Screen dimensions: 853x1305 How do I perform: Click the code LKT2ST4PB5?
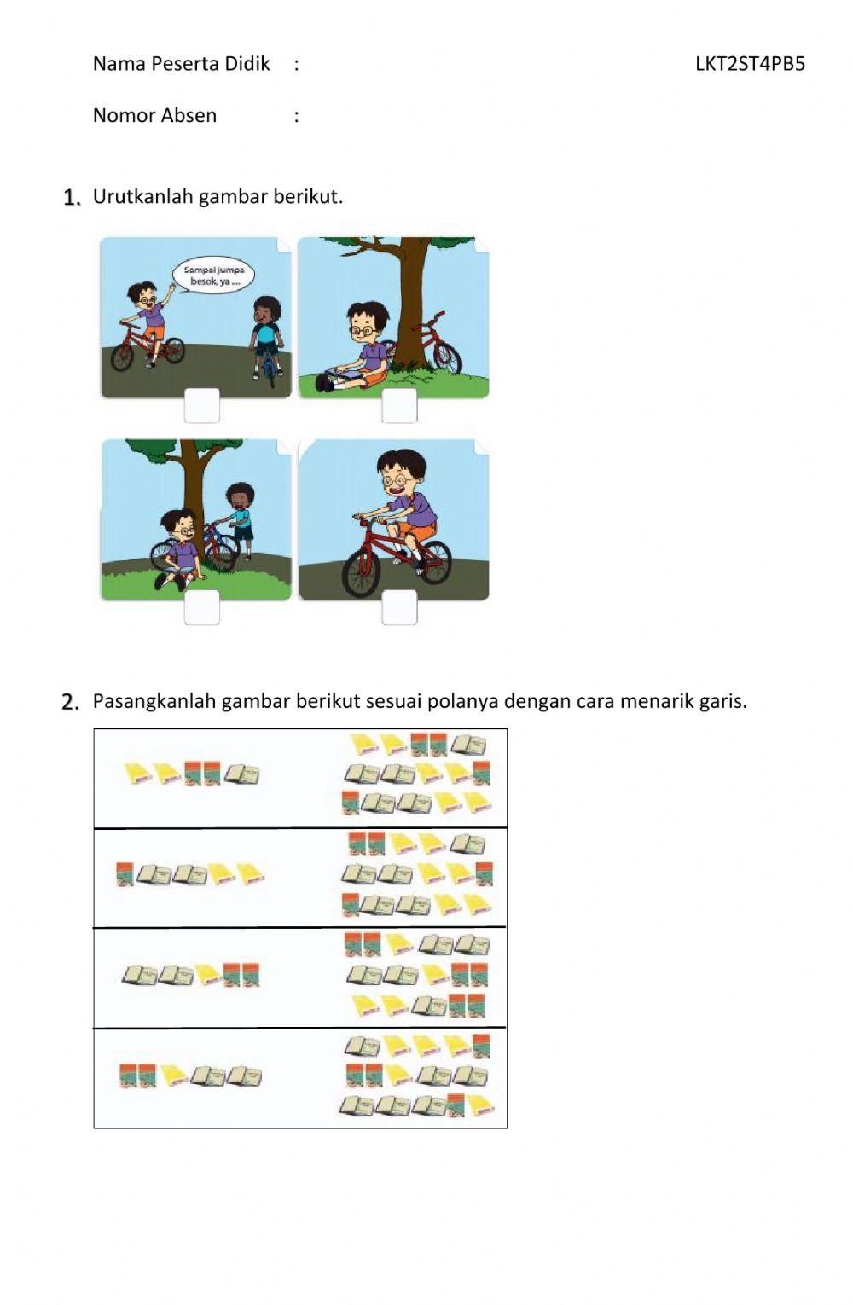click(749, 63)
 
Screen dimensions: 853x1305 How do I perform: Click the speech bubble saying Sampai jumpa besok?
click(212, 276)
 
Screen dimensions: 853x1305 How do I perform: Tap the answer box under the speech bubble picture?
click(201, 405)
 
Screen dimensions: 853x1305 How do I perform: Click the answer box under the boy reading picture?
click(399, 405)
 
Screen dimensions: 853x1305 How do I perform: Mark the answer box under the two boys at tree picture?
click(201, 607)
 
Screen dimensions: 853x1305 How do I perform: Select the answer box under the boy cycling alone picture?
click(399, 607)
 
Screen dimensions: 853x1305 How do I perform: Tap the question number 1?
click(72, 198)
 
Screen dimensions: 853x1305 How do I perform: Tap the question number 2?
click(71, 702)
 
